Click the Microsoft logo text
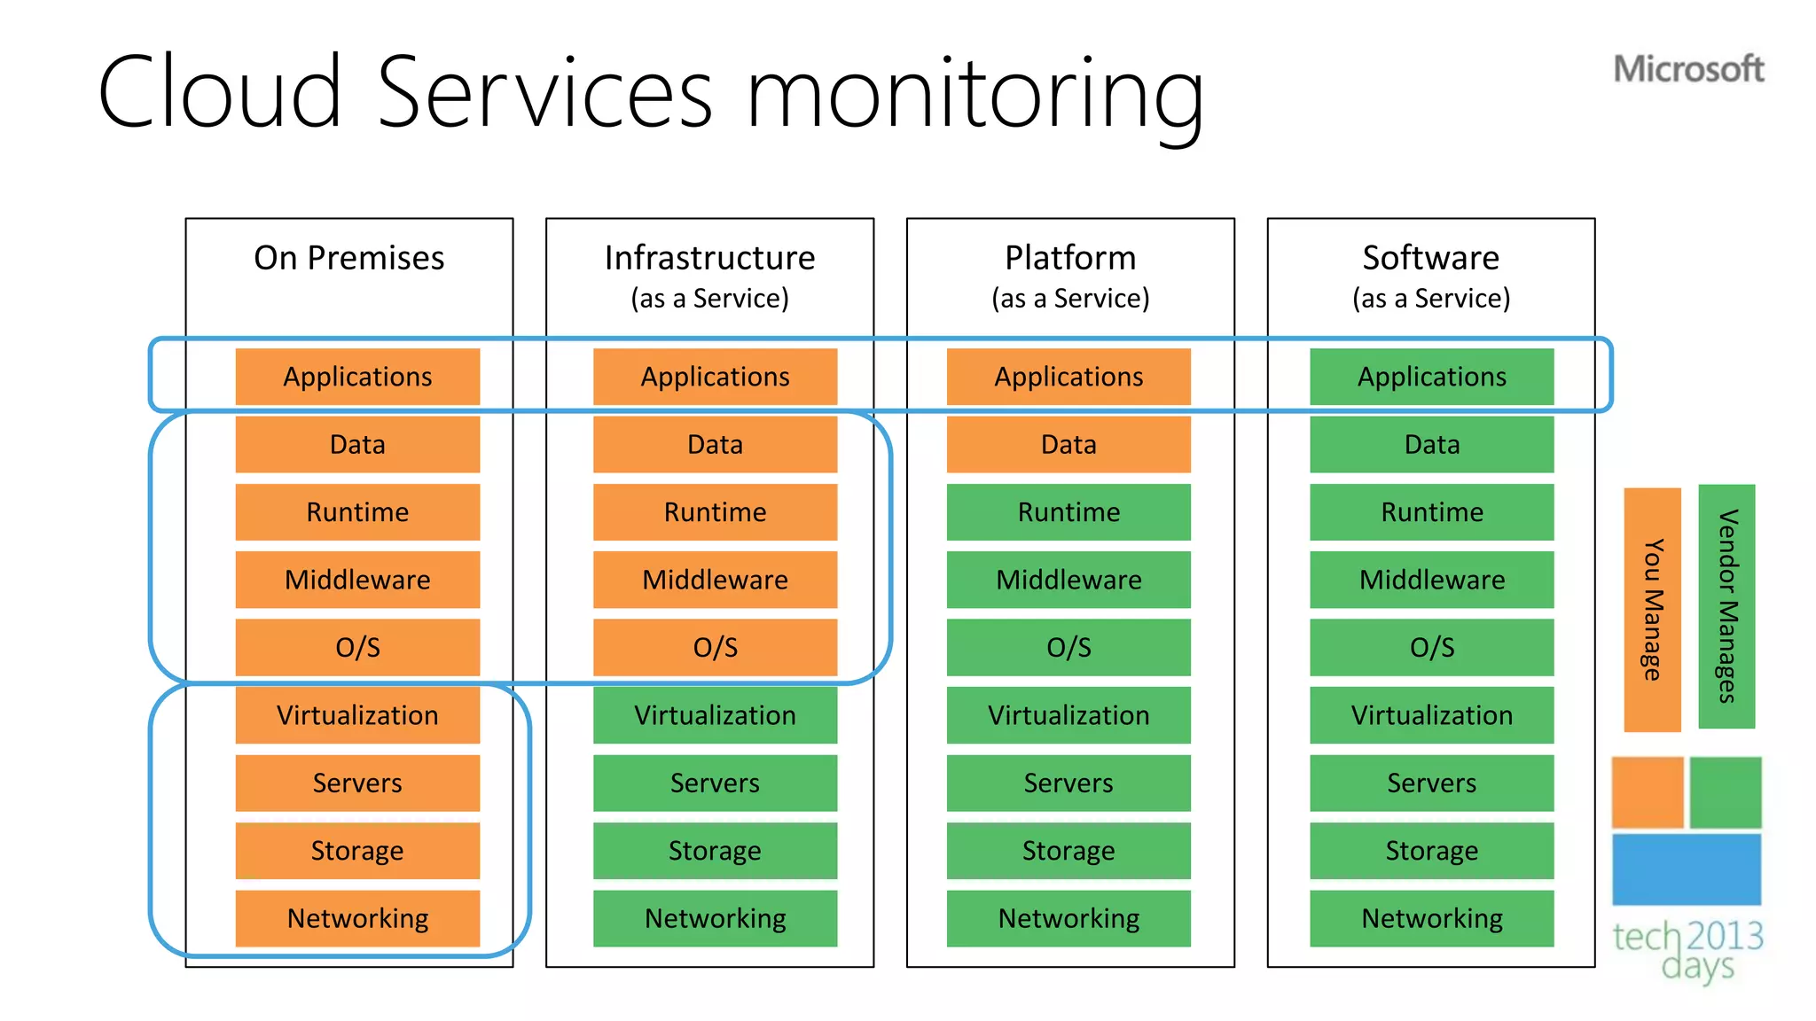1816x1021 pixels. (x=1687, y=69)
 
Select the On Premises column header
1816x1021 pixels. (x=348, y=258)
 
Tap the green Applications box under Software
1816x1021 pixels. (x=1431, y=377)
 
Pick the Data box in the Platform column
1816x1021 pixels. (x=1068, y=444)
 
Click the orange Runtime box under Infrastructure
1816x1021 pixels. (x=715, y=512)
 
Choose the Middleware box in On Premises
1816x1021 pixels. (x=357, y=580)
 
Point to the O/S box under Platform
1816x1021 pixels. (x=1068, y=648)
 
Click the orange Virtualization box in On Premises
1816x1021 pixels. (x=357, y=715)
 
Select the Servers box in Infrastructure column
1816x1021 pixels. (x=715, y=783)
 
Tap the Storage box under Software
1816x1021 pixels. (x=1431, y=851)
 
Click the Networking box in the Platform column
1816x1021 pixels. (x=1068, y=919)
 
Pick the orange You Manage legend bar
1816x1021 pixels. (x=1652, y=609)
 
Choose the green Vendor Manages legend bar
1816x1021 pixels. (x=1726, y=606)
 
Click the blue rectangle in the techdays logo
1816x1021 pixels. (x=1686, y=869)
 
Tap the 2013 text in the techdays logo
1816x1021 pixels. (x=1724, y=936)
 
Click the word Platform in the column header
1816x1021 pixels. (x=1070, y=258)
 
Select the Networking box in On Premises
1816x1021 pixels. (x=357, y=919)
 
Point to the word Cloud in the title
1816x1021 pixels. (x=219, y=92)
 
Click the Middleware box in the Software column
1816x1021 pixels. (x=1431, y=580)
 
